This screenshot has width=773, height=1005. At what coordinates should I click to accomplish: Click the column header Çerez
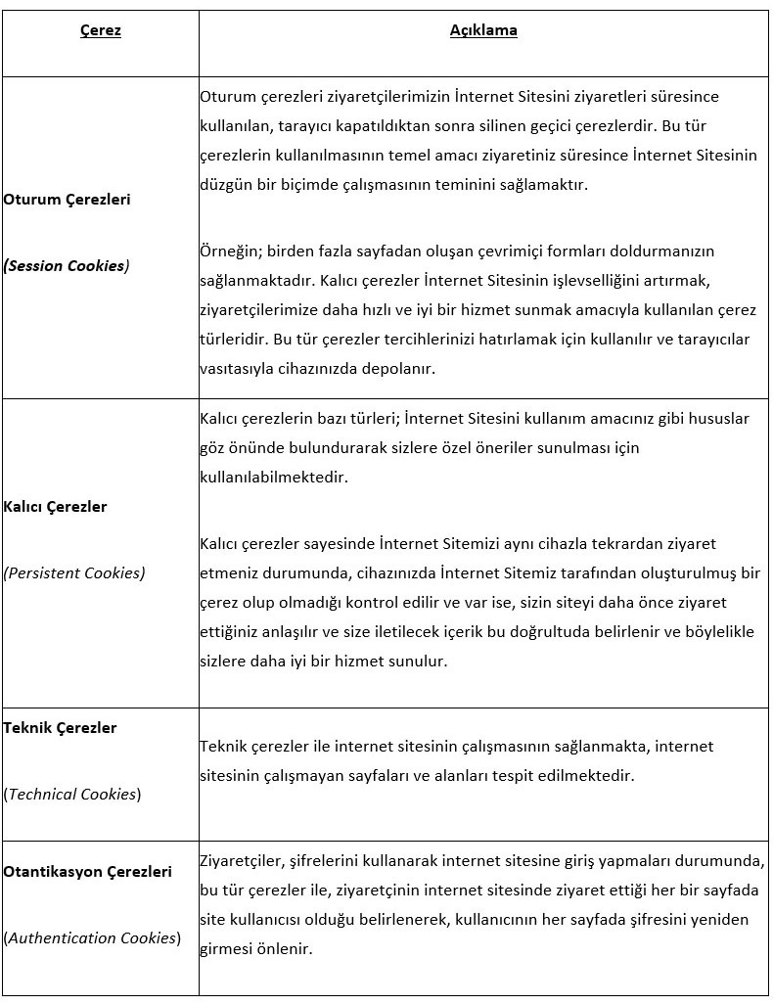[100, 30]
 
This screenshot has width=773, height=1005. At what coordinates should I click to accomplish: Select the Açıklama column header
[483, 30]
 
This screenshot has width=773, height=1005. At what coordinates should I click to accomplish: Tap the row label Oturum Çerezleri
[68, 200]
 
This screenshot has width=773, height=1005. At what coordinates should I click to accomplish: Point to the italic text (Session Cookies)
[67, 265]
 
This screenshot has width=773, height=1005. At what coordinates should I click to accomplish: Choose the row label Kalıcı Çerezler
[56, 507]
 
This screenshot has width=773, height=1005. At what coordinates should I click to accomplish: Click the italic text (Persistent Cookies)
[74, 573]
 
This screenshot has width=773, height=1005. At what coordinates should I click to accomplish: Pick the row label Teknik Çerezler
[61, 728]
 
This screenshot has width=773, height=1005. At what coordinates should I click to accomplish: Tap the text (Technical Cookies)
[73, 795]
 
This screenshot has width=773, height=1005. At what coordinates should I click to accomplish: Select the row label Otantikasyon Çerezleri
[88, 871]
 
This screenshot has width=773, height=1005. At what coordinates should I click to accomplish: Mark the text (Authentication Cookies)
[93, 938]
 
